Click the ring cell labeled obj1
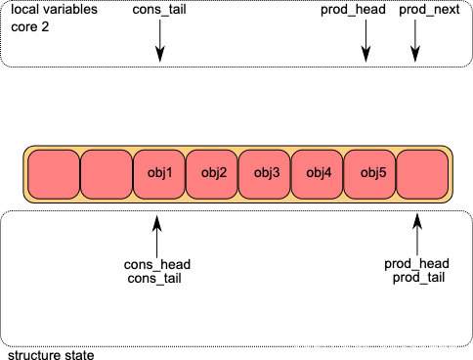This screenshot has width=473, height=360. (159, 174)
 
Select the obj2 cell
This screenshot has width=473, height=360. (212, 174)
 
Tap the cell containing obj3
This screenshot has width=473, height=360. (265, 174)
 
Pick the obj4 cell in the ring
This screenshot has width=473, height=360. (318, 174)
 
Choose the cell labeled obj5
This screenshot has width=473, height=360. (369, 174)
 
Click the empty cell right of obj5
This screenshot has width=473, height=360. (422, 174)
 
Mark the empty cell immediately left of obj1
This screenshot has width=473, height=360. (107, 174)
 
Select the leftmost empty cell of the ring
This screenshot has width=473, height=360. (54, 174)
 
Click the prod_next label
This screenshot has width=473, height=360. (429, 10)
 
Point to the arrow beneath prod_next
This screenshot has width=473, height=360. (415, 41)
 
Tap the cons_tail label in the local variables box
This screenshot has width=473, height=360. (159, 10)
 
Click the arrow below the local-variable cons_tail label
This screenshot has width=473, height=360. (160, 41)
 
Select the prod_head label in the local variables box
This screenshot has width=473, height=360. (353, 10)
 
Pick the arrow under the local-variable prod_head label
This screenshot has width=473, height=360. (365, 41)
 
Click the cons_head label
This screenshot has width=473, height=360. (157, 264)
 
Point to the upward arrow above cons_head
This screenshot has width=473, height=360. (157, 237)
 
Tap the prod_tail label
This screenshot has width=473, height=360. (418, 278)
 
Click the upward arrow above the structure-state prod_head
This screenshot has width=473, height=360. (417, 235)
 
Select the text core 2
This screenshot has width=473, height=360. (30, 26)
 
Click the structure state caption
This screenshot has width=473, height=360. (51, 355)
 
